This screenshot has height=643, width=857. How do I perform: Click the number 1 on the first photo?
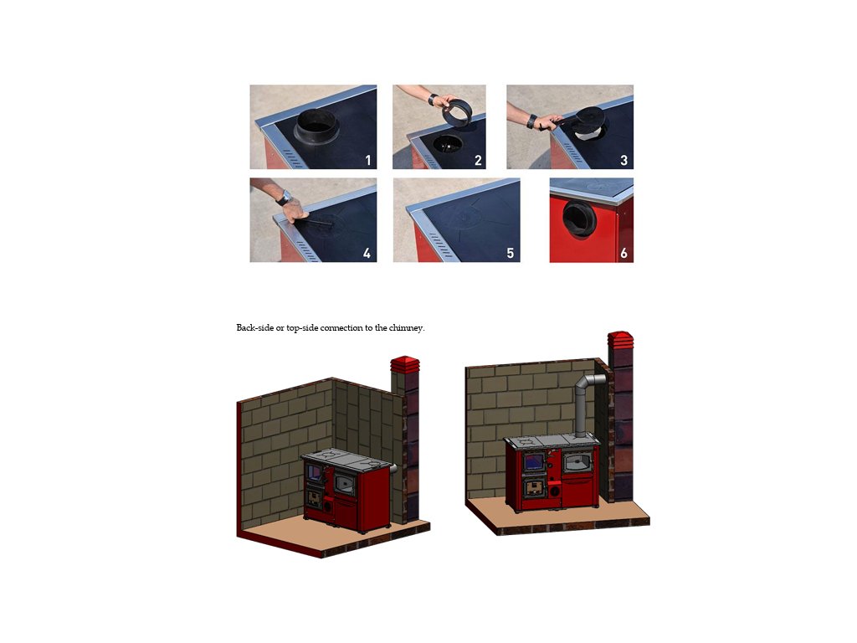368,160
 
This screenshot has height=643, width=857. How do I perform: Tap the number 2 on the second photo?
478,160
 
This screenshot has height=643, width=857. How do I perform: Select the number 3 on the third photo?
624,160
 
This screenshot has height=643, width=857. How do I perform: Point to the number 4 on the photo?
367,253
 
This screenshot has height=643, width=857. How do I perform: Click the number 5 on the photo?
510,253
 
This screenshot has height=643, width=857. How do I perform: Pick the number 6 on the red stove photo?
624,253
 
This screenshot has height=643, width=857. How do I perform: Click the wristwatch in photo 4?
285,198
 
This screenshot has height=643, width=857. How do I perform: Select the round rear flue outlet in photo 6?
579,219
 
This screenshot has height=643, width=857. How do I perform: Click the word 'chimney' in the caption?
406,328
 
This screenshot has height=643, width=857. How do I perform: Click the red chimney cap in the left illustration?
405,365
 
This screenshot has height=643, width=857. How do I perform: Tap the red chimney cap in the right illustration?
620,340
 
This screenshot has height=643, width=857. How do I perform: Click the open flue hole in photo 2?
447,144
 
